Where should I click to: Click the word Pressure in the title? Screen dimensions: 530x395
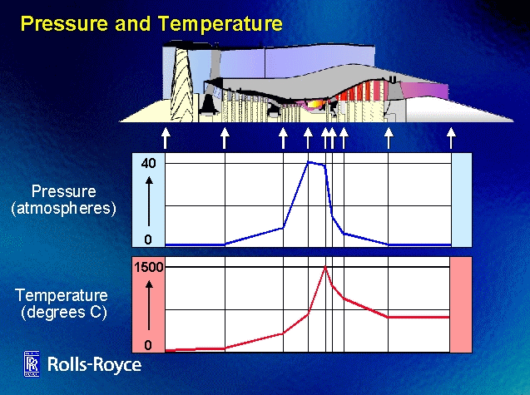[x=64, y=23]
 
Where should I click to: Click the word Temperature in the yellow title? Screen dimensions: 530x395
[x=220, y=23]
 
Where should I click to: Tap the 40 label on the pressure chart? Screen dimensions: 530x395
[x=149, y=164]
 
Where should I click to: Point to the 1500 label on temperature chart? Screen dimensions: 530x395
[x=149, y=267]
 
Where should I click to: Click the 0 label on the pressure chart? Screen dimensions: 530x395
[x=148, y=239]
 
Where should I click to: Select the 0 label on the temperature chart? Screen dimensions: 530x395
[x=148, y=345]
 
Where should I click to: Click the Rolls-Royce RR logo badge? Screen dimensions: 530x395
[x=32, y=363]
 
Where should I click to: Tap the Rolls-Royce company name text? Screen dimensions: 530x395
[x=94, y=364]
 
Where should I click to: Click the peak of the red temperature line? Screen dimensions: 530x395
[x=325, y=267]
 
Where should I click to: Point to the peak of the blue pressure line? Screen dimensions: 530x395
[x=308, y=162]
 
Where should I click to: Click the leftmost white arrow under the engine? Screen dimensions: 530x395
[x=166, y=138]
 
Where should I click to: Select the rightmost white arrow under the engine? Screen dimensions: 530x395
[x=451, y=138]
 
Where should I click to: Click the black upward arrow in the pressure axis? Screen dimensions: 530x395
[x=149, y=202]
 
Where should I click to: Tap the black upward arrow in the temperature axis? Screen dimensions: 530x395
[x=149, y=305]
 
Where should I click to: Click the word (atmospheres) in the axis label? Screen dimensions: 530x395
[x=63, y=209]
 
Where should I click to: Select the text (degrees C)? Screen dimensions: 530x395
[x=64, y=312]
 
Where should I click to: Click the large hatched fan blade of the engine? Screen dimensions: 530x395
[x=182, y=85]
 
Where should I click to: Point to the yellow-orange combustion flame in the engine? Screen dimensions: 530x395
[x=315, y=105]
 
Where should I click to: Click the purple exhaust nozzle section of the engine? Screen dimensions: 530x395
[x=424, y=90]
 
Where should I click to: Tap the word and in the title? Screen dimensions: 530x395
[x=133, y=23]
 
